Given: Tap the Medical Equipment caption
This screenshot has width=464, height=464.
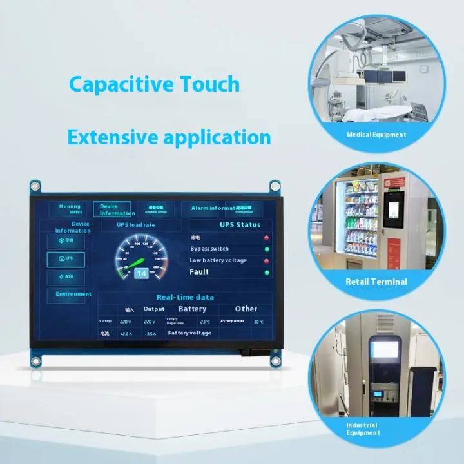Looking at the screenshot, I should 376,135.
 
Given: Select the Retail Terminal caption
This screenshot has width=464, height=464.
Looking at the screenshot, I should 376,282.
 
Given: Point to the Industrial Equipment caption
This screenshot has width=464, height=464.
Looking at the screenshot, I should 362,429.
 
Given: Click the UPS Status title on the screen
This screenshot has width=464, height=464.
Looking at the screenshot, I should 240,225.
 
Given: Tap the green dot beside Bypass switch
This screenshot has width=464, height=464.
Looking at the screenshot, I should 267,249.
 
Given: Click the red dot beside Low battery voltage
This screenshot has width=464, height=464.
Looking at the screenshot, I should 267,260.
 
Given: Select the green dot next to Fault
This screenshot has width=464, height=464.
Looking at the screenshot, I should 267,273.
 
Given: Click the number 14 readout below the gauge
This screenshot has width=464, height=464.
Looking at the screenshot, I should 140,273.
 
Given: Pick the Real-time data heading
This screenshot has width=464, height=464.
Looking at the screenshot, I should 185,297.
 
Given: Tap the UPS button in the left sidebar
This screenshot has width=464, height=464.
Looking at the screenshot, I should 65,258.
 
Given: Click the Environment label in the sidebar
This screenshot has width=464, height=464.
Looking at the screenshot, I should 73,294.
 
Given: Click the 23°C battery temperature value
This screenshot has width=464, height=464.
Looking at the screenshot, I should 204,321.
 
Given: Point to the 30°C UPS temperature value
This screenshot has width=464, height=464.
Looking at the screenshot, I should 258,321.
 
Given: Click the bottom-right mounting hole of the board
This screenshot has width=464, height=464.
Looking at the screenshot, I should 275,362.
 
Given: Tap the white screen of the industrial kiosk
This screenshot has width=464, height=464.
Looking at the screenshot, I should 385,350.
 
